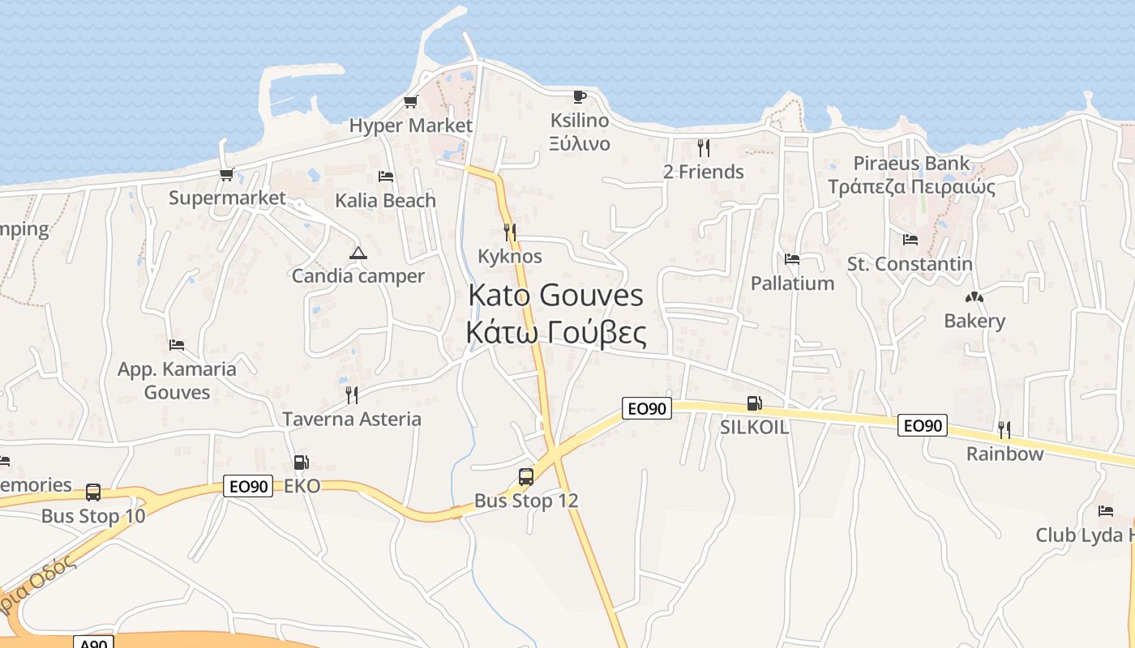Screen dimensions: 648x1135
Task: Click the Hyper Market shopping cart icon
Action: pos(410,102)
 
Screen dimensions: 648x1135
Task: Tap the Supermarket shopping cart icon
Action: pos(227,174)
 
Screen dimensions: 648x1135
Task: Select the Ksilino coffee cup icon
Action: pos(579,96)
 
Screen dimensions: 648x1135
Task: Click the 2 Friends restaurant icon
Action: pos(703,148)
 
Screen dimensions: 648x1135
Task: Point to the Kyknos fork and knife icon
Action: pos(509,232)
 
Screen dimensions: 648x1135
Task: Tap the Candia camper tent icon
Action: pos(358,253)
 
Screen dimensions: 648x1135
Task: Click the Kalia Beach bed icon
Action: pos(386,177)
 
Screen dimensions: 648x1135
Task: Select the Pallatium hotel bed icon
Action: pos(792,259)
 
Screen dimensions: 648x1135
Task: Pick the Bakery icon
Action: pos(974,297)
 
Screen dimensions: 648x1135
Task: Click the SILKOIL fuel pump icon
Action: pos(754,403)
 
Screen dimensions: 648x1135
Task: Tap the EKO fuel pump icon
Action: pos(301,463)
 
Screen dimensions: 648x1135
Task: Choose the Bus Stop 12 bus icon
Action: pos(526,476)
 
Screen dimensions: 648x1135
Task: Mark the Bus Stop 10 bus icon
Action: pos(93,492)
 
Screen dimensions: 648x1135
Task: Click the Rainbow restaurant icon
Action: pos(1004,429)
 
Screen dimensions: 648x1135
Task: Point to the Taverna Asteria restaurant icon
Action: pos(351,395)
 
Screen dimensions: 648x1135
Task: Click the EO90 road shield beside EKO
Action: pos(248,486)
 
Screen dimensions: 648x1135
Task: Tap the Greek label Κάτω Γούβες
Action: pos(556,333)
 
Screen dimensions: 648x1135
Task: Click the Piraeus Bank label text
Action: pos(911,164)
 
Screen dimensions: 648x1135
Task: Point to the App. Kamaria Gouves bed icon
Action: pos(177,345)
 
